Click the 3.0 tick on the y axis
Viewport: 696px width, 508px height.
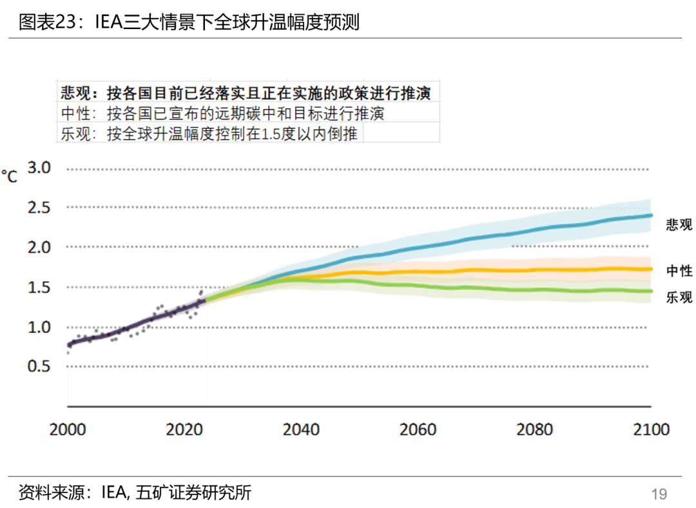39,168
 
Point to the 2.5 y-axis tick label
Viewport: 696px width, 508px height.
39,208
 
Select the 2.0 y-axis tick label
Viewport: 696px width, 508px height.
39,248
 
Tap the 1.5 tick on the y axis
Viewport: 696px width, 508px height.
39,287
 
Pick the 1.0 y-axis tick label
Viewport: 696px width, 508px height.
39,327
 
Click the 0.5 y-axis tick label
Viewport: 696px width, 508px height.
39,366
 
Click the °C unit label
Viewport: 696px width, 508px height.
9,176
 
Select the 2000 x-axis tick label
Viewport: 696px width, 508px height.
68,429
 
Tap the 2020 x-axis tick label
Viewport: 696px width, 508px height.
184,429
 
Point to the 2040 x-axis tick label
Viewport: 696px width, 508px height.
301,429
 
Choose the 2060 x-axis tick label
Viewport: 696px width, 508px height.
418,429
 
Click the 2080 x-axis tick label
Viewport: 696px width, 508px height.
534,429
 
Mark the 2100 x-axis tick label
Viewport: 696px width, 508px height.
651,429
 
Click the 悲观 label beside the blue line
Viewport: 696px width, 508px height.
679,224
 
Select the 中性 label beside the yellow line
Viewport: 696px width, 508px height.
679,271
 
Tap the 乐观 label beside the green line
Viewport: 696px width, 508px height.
679,297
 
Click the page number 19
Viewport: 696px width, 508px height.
659,494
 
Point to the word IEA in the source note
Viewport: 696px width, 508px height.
115,493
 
